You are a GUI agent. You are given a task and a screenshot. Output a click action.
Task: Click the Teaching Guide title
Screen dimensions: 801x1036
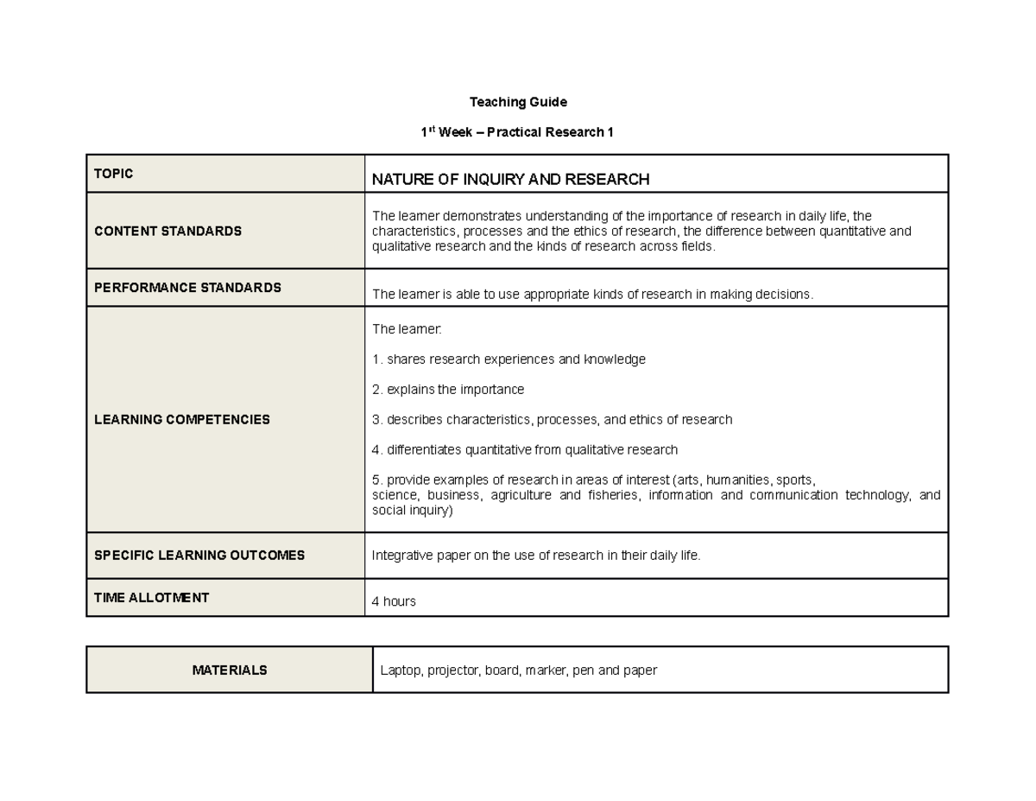click(x=517, y=102)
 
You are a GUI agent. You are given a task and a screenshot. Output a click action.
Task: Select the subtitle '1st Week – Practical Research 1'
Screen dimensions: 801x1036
click(x=517, y=132)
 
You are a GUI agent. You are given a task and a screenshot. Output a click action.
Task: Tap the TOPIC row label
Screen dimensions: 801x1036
click(x=114, y=174)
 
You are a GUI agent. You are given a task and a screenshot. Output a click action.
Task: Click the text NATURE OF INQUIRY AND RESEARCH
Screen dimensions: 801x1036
click(x=510, y=180)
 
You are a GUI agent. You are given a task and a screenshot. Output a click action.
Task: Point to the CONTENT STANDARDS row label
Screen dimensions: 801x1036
click(x=167, y=231)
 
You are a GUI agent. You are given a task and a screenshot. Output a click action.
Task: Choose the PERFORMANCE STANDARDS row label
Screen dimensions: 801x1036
click(x=187, y=288)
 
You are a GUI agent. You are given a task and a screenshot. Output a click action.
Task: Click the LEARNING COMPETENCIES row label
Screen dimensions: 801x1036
click(x=181, y=419)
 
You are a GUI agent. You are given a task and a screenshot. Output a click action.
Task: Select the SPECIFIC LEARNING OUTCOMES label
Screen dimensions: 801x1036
click(x=199, y=556)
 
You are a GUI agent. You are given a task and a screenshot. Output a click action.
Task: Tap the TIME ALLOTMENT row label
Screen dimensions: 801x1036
click(x=151, y=597)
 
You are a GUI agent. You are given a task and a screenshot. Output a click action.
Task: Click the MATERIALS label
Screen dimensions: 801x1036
click(x=230, y=670)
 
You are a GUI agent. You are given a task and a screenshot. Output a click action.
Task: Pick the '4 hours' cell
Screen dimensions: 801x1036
click(x=394, y=601)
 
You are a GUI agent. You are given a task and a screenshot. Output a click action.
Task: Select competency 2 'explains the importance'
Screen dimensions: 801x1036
click(x=448, y=390)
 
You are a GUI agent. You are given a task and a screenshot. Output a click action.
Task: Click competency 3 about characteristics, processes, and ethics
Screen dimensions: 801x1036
click(x=552, y=420)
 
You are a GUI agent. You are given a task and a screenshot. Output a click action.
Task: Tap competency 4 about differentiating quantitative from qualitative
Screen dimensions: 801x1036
click(x=525, y=450)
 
